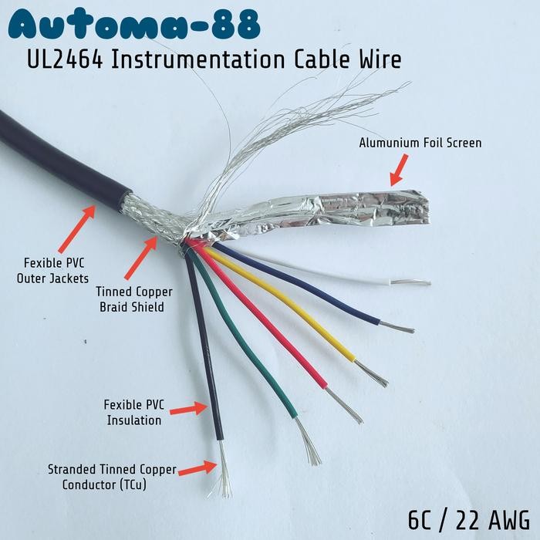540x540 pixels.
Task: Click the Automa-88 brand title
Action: [133, 25]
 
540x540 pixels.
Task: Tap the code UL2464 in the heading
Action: [64, 59]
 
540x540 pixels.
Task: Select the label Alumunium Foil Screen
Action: [420, 143]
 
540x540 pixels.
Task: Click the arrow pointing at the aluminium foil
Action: [399, 170]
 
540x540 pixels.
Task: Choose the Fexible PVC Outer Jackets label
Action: [52, 271]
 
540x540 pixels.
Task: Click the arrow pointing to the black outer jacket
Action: [77, 229]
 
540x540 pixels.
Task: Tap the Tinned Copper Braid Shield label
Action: [133, 299]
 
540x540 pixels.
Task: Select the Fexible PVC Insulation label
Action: [134, 413]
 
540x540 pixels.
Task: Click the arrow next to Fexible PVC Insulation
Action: [189, 409]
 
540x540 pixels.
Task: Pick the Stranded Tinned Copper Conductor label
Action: [112, 477]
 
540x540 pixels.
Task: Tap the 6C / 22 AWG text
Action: [469, 520]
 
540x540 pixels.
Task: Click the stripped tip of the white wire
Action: [410, 283]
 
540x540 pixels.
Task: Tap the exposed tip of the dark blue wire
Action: [397, 328]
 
